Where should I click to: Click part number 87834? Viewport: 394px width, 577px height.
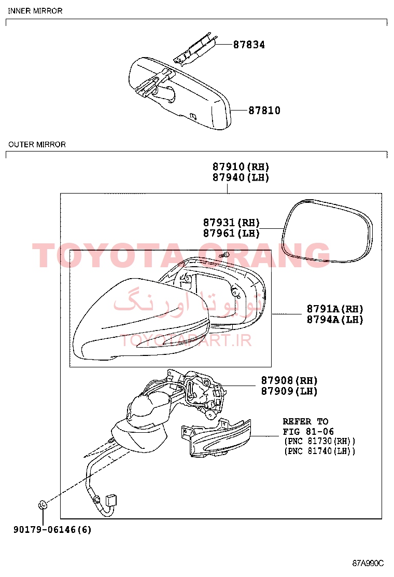249,45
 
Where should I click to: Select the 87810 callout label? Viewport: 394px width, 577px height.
264,111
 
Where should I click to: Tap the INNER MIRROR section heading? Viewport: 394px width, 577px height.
35,11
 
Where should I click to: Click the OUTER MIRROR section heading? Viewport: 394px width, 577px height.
37,145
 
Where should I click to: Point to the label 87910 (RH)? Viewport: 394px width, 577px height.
241,167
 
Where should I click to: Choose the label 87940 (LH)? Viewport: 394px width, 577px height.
241,177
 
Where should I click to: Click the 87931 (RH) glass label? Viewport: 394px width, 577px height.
232,223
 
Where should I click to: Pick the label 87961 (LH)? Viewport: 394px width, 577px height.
232,233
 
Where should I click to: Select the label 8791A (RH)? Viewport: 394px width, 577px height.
335,309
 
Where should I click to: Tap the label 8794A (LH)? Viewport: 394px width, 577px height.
335,320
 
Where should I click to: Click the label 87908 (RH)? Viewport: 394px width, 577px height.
289,380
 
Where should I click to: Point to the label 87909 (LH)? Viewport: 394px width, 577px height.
289,391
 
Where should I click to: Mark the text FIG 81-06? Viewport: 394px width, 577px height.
308,431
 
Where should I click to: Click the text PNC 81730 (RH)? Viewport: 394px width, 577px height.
320,441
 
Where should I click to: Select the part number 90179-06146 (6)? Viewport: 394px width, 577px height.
52,530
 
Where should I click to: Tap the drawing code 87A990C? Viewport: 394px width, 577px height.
368,563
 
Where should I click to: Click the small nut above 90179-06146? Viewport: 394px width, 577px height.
42,505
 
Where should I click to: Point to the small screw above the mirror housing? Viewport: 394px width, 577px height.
224,255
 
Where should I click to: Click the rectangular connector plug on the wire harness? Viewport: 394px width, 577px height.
111,500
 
